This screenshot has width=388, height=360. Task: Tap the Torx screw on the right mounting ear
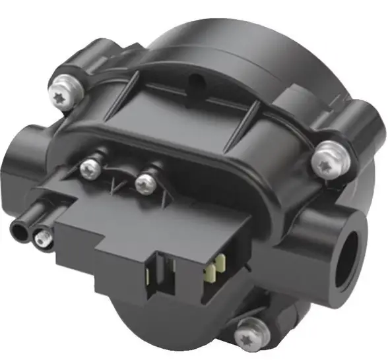click(325, 162)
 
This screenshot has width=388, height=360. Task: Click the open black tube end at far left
click(20, 231)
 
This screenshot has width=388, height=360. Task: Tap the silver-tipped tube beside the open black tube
click(43, 239)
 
